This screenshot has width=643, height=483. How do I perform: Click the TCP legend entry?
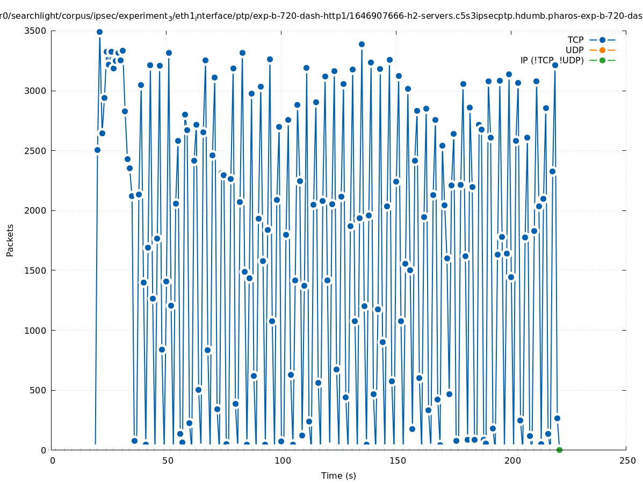(x=575, y=40)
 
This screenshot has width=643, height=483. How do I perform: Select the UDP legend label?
(x=574, y=50)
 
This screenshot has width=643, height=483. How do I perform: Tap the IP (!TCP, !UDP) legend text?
(x=552, y=60)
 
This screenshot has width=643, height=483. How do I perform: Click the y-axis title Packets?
(x=10, y=240)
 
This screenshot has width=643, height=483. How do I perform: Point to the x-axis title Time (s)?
(x=338, y=475)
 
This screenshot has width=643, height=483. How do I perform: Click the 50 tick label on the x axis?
(x=168, y=460)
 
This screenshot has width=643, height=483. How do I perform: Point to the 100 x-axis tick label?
(x=283, y=460)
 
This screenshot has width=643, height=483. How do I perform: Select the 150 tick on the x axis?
(x=398, y=460)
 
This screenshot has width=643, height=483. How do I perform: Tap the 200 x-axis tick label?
(x=512, y=460)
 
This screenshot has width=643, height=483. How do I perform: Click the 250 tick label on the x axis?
(x=627, y=460)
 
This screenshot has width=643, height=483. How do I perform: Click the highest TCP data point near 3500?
(x=99, y=32)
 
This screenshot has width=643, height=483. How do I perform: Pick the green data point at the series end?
(x=559, y=450)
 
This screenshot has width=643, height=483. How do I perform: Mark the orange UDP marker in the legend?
(x=602, y=50)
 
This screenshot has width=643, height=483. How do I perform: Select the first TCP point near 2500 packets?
(x=97, y=150)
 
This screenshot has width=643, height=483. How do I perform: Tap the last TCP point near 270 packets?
(x=557, y=418)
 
